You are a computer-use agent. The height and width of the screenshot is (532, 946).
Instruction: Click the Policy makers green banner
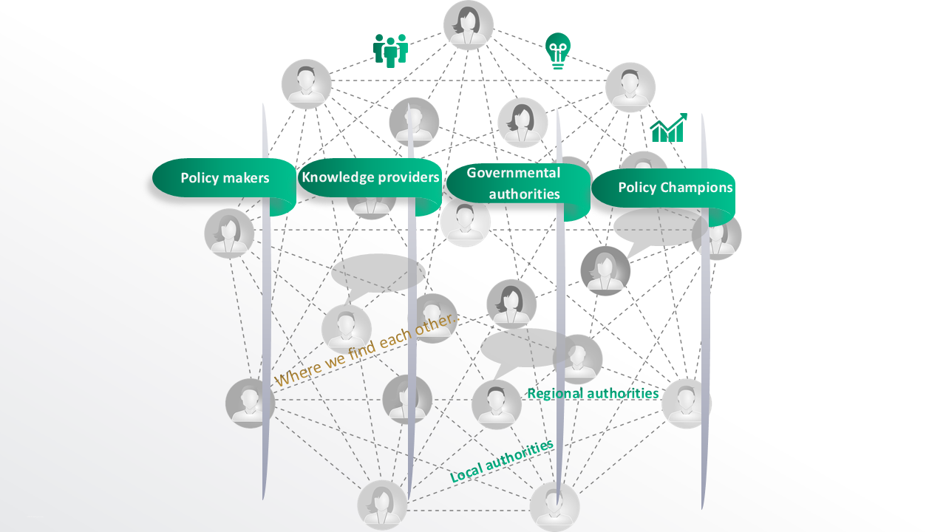(224, 178)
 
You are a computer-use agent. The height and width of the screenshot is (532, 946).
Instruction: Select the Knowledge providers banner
(370, 178)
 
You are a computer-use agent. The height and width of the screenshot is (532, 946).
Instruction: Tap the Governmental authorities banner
(514, 183)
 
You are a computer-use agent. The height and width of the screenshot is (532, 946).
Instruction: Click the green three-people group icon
(390, 50)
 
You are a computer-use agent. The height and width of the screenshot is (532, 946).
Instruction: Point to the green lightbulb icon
(558, 51)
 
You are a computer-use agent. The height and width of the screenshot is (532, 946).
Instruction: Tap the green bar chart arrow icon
(669, 128)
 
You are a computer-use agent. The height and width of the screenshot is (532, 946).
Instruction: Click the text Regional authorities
(593, 393)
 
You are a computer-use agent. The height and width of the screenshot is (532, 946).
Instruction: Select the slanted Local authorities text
(502, 461)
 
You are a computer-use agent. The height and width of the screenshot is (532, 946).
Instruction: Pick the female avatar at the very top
(469, 25)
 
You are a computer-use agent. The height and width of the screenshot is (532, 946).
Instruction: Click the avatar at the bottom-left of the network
(382, 505)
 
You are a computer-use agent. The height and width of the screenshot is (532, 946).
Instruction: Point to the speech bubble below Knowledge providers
(377, 273)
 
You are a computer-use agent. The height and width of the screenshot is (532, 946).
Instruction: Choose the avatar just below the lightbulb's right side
(630, 87)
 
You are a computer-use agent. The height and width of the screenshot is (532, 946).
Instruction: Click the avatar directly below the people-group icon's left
(307, 84)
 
